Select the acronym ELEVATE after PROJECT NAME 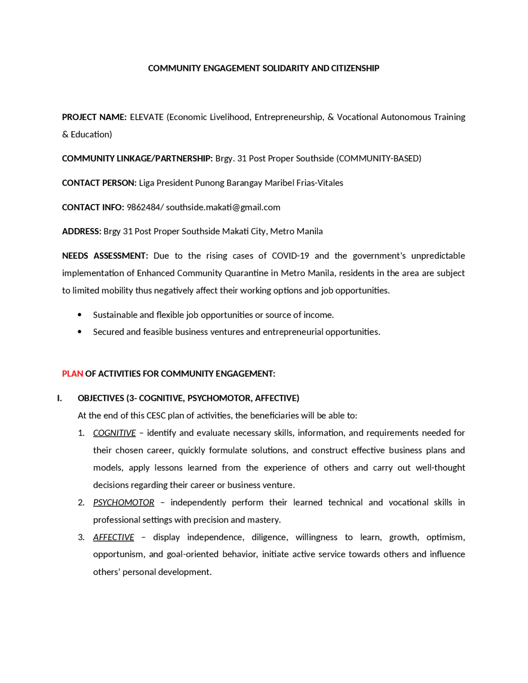pos(146,117)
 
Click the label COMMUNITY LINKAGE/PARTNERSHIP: pos(137,158)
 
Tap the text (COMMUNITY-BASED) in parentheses pos(379,158)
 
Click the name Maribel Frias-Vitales pos(304,183)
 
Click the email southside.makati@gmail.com pos(223,207)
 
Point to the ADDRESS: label pos(81,231)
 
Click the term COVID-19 pos(290,256)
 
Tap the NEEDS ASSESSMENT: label pos(105,256)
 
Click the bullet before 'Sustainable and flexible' pos(80,315)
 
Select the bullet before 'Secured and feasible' pos(80,332)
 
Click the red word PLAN pos(73,374)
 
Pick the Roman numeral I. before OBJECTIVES pos(59,398)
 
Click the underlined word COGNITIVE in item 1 pos(114,433)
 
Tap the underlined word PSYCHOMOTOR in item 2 pos(124,502)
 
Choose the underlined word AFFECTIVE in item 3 pos(113,537)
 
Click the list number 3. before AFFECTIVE pos(81,537)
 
